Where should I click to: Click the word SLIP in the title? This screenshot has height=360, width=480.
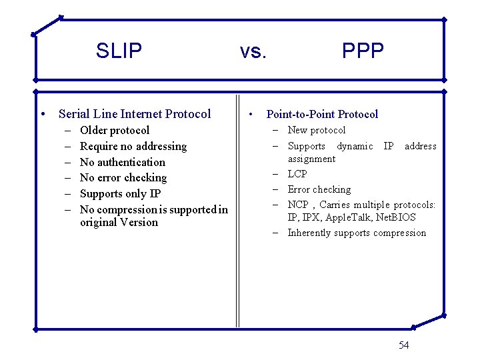[x=119, y=51]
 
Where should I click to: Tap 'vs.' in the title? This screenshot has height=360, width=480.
[x=253, y=51]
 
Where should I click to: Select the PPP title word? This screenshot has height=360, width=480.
[x=363, y=51]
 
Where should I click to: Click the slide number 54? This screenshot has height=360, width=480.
[x=403, y=345]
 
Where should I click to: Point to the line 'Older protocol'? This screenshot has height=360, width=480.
[x=114, y=130]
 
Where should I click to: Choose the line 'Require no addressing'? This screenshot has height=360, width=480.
[x=133, y=146]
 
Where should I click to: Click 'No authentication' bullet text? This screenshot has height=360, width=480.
[x=122, y=162]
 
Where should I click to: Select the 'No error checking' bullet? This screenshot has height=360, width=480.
[x=123, y=177]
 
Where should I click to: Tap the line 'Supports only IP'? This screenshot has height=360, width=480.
[x=120, y=193]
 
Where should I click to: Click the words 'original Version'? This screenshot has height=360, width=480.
[x=119, y=222]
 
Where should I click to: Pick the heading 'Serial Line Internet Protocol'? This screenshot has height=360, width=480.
[x=135, y=114]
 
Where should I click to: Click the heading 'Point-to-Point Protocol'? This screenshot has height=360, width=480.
[x=322, y=114]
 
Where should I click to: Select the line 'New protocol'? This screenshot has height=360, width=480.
[x=316, y=130]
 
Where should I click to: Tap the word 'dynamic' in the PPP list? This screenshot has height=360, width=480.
[x=355, y=146]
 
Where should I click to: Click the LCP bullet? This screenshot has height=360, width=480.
[x=297, y=174]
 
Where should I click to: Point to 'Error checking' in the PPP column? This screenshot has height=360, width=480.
[x=319, y=189]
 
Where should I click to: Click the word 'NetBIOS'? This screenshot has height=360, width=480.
[x=397, y=217]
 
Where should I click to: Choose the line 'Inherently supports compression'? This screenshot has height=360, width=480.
[x=356, y=233]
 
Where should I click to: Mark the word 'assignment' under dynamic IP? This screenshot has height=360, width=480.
[x=311, y=159]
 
